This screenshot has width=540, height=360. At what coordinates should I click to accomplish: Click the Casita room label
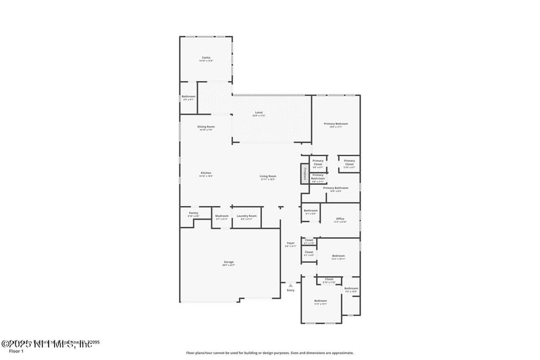[x=206, y=58]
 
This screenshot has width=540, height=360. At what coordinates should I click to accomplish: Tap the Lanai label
[x=259, y=113]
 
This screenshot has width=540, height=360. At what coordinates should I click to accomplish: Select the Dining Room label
[x=206, y=127]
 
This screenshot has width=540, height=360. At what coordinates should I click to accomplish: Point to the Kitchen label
[x=206, y=174]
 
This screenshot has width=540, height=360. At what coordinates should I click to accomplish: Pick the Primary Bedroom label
[x=335, y=124]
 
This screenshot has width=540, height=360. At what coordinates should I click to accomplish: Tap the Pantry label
[x=193, y=215]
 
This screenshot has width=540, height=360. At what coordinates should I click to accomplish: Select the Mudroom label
[x=222, y=217]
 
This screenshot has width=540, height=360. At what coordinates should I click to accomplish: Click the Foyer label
[x=291, y=243]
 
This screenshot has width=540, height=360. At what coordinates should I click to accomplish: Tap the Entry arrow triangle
[x=291, y=284]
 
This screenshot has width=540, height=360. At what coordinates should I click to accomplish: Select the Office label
[x=340, y=219]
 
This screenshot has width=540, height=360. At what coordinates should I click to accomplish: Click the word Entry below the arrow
[x=291, y=290]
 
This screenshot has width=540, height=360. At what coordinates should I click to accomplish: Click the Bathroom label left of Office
[x=310, y=211]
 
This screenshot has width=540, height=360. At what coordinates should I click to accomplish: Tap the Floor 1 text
[x=15, y=351]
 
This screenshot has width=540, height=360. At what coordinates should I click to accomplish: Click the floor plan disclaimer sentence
[x=270, y=352]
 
